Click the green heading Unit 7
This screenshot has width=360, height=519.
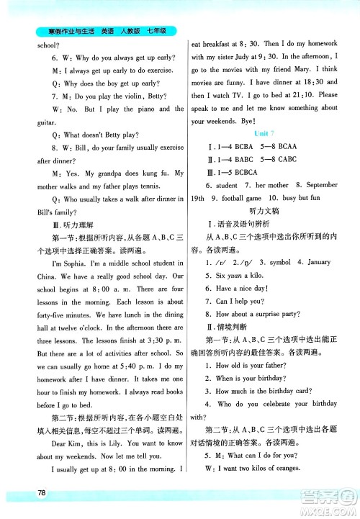coord(264,134)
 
